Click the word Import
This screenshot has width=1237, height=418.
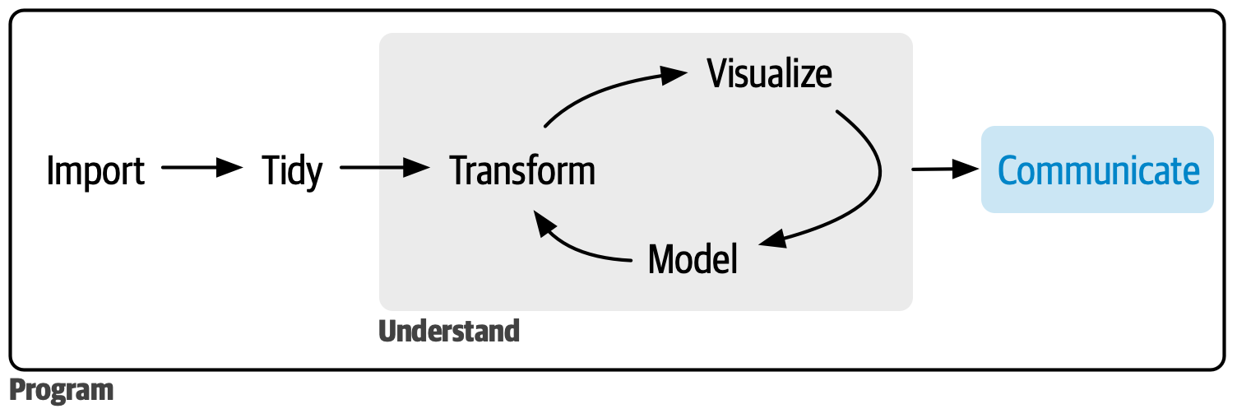(95, 170)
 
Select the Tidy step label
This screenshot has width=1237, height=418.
(292, 171)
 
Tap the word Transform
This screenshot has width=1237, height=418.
(522, 171)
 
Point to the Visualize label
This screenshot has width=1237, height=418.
(769, 74)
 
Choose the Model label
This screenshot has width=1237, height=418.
(693, 259)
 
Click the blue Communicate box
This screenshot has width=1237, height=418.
(1097, 170)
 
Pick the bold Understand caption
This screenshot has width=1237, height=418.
(449, 331)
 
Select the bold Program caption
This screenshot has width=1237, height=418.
(61, 390)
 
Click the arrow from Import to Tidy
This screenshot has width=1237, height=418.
(202, 169)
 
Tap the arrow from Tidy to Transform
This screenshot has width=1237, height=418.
(384, 169)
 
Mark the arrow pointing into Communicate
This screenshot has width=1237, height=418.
(946, 170)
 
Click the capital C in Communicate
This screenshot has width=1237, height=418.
(1009, 170)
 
